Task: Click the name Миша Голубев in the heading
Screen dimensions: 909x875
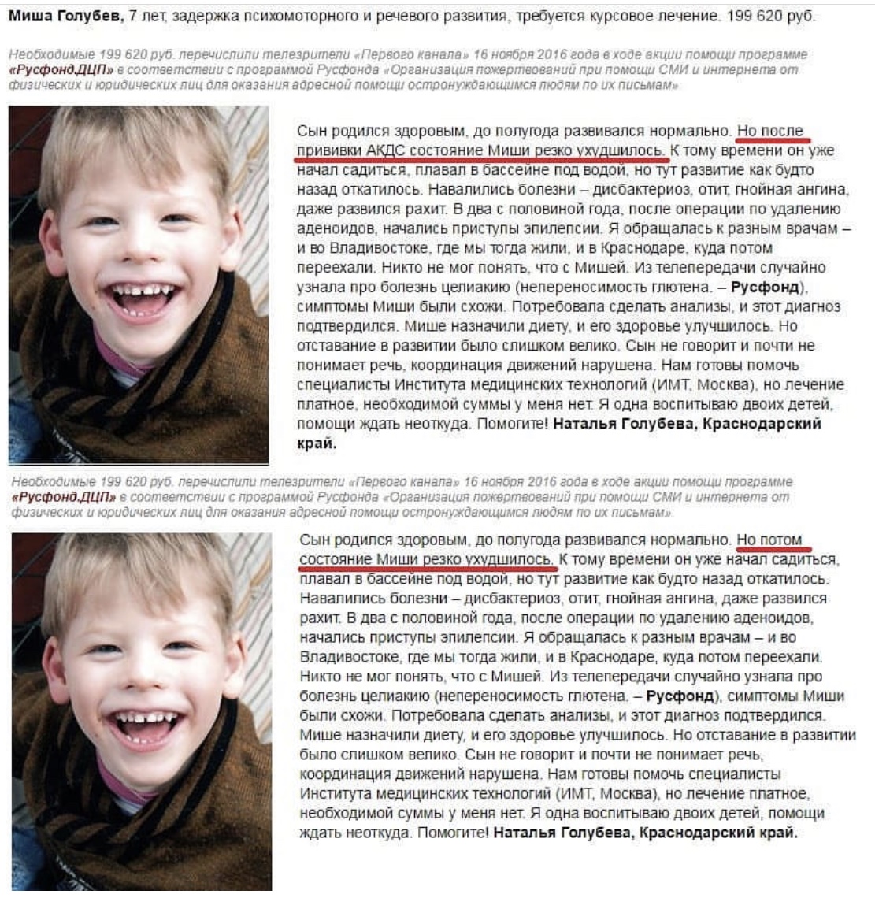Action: coord(61,16)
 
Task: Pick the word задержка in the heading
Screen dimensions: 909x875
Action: coord(200,16)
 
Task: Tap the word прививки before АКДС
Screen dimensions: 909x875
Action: coord(329,150)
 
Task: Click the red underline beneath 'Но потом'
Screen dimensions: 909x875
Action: coord(773,549)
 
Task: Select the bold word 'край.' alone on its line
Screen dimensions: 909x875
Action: coord(317,443)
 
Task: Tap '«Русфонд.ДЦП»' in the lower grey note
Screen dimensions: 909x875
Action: coord(63,497)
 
